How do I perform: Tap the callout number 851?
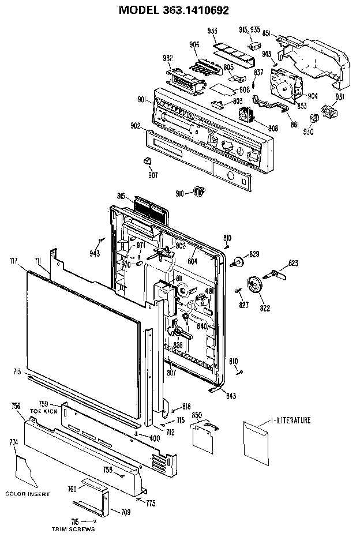(x=267, y=33)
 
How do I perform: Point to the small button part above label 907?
(x=147, y=160)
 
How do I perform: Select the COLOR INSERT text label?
(x=28, y=494)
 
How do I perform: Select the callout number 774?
(x=13, y=442)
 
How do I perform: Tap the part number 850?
(x=196, y=415)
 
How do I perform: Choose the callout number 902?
(x=136, y=126)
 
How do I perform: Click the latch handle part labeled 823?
(x=277, y=273)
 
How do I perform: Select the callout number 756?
(x=16, y=406)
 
